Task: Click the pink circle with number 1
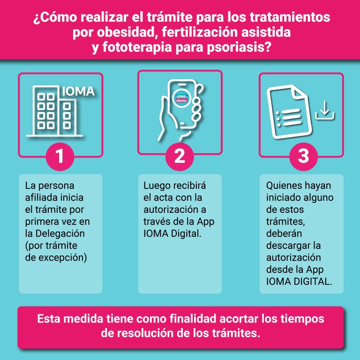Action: click(60, 157)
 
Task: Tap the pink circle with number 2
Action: click(180, 157)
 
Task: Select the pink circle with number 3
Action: click(304, 157)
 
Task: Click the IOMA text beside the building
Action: click(78, 91)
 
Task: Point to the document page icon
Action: click(289, 112)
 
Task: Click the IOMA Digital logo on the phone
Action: click(182, 98)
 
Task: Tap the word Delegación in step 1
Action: click(60, 233)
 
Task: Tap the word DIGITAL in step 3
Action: click(312, 281)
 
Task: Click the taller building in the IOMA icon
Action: click(46, 110)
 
